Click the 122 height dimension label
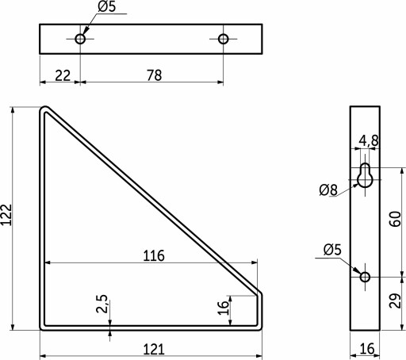point(6,215)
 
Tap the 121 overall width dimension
point(154,349)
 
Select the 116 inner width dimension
point(154,255)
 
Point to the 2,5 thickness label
point(101,304)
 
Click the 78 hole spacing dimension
point(154,75)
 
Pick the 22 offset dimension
point(63,75)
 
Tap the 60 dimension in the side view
point(395,219)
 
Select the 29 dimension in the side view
point(395,301)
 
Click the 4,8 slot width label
point(369,140)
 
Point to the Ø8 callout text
point(328,190)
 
